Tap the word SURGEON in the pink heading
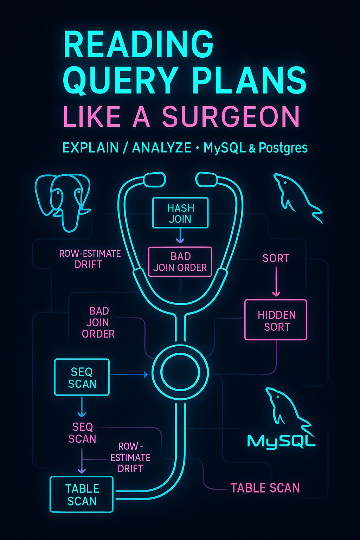pos(231,117)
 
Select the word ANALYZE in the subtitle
pos(161,148)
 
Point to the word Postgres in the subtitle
pos(283,148)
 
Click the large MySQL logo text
pos(281,441)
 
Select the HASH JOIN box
pos(180,213)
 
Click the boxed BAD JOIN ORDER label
pos(180,262)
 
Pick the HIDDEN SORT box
pos(276,320)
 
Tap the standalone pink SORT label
pos(276,259)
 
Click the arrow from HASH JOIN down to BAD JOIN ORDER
pos(180,236)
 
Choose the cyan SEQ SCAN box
pos(82,377)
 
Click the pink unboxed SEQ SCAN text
pos(82,433)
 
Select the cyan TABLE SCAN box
pos(82,494)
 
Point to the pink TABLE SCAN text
pos(265,488)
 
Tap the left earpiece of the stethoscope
pos(154,179)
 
